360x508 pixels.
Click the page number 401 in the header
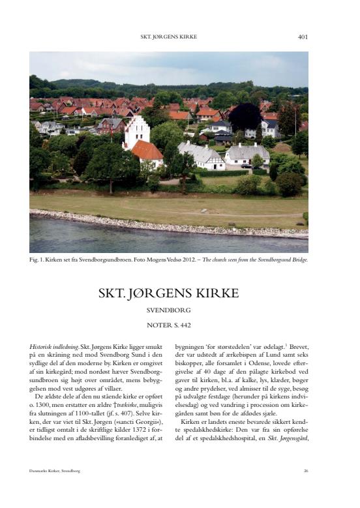(303, 37)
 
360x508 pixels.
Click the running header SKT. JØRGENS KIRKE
(169, 37)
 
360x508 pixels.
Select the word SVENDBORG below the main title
(169, 310)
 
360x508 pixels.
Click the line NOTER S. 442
(169, 324)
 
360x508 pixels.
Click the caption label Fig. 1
(37, 260)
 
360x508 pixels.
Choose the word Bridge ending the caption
(299, 260)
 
